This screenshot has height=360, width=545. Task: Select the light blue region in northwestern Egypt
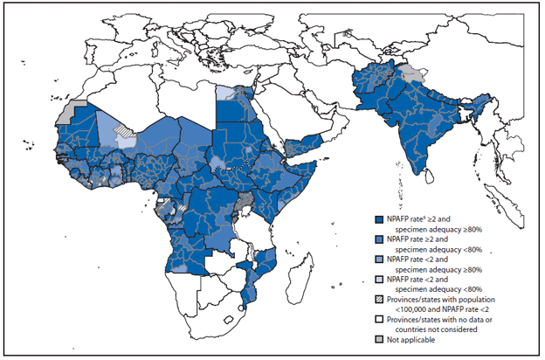click(x=225, y=93)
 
